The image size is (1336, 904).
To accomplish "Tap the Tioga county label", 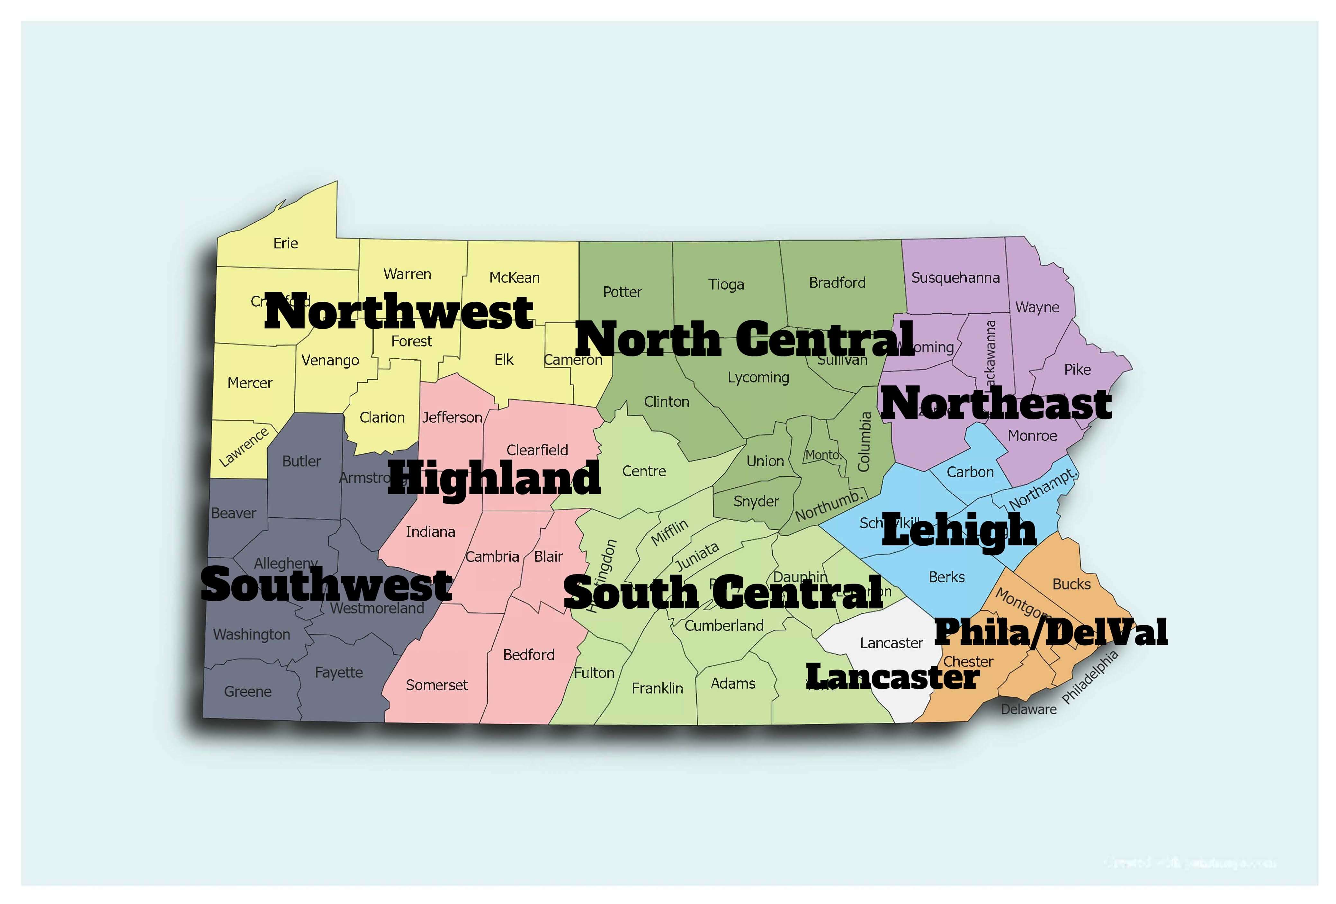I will [726, 284].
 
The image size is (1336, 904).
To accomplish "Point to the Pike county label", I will [1077, 370].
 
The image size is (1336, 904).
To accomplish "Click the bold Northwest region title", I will [399, 312].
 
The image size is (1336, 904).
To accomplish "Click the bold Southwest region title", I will [326, 585].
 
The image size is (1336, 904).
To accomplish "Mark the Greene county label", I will [248, 691].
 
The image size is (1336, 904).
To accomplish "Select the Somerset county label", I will [436, 685].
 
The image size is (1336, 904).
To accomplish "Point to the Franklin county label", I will [657, 688].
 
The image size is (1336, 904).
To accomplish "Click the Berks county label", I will [946, 577].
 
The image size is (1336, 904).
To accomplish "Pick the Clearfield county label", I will [537, 450].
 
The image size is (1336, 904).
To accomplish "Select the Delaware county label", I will [1028, 709].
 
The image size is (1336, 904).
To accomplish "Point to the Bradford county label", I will [837, 283].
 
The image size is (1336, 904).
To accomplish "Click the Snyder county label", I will [756, 501].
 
